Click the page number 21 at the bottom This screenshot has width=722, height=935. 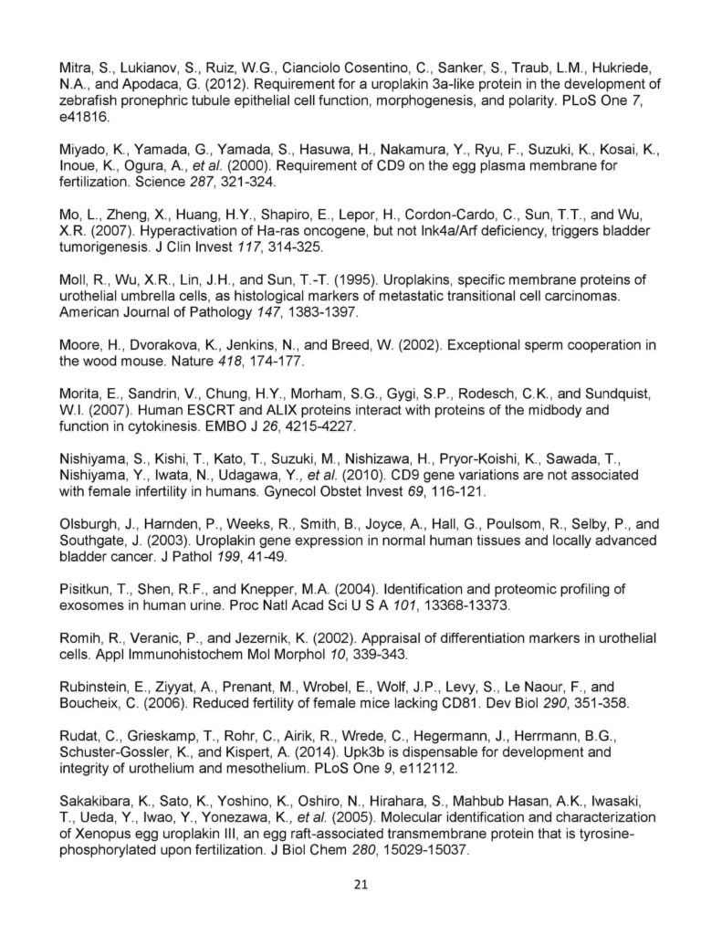coord(361,885)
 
